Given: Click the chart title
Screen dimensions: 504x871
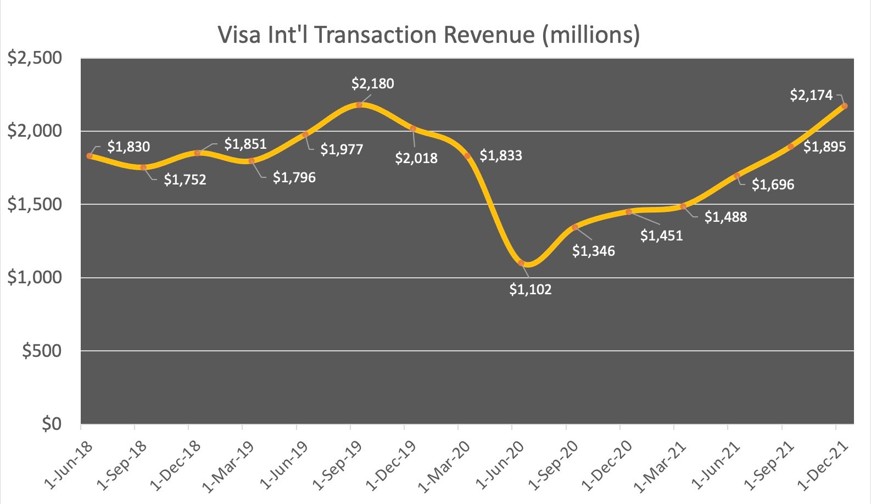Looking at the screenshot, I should pos(429,35).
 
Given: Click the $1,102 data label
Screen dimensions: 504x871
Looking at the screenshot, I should pos(530,289).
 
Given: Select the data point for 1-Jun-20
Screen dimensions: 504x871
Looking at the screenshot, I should pos(521,263).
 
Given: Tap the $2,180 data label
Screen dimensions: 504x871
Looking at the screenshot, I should pos(373,84).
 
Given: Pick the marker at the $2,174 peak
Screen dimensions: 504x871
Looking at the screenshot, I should pos(844,106).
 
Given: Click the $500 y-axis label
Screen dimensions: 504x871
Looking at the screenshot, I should pos(42,351).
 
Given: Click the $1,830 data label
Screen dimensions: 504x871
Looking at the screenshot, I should pos(129,147).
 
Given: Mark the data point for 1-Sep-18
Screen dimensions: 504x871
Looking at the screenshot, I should pos(143,167).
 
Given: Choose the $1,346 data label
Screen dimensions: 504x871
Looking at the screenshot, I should pos(594,251).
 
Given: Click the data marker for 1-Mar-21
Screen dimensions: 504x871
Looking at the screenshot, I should pos(683,206).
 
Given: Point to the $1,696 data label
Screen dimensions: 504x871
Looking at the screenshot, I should pos(773,185).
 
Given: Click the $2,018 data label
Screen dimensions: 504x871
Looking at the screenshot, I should pos(416,159).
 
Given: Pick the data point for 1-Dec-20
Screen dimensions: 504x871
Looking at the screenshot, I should pos(629,212).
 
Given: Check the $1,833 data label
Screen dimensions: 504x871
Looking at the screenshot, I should pos(501,156).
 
